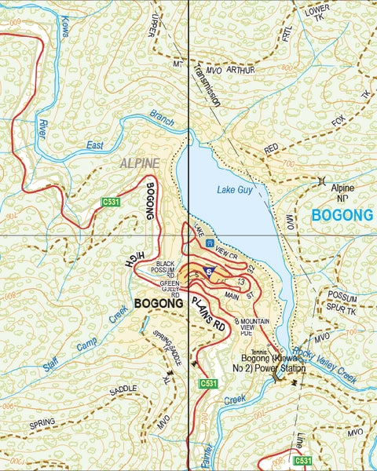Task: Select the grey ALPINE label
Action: pyautogui.click(x=140, y=163)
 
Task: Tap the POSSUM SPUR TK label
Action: pyautogui.click(x=342, y=302)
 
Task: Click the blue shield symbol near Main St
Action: pyautogui.click(x=207, y=272)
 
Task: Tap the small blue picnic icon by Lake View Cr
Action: pyautogui.click(x=210, y=244)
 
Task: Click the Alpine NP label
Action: pyautogui.click(x=342, y=193)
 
